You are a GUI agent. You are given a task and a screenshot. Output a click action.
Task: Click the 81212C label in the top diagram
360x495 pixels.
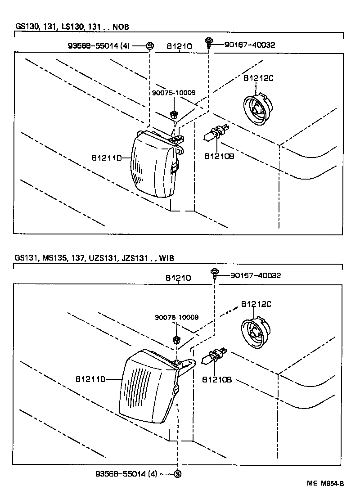pyautogui.click(x=258, y=78)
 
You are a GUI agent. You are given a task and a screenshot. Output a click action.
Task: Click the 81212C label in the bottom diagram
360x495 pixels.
pyautogui.click(x=256, y=304)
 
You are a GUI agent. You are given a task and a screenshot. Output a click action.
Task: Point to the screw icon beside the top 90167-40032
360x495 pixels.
pyautogui.click(x=209, y=43)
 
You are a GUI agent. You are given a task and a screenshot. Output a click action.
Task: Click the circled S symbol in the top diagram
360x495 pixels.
pyautogui.click(x=150, y=45)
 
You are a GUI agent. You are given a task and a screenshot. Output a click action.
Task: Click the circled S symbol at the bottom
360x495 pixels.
pyautogui.click(x=177, y=473)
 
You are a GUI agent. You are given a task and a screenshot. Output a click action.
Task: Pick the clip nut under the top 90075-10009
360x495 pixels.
pyautogui.click(x=173, y=113)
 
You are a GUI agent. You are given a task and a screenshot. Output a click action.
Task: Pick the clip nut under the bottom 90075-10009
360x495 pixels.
pyautogui.click(x=176, y=338)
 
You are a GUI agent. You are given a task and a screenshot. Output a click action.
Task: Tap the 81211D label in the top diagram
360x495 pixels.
pyautogui.click(x=106, y=158)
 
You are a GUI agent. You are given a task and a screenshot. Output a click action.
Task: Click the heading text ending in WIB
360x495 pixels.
pyautogui.click(x=94, y=258)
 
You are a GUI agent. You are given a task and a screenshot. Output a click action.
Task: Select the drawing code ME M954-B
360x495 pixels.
pyautogui.click(x=325, y=484)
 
